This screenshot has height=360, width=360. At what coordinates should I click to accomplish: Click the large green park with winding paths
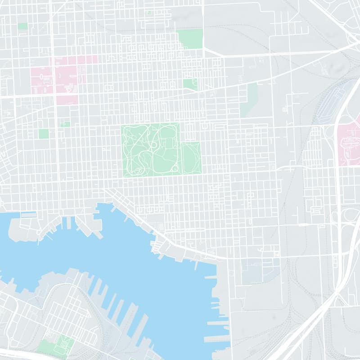pos(151,148)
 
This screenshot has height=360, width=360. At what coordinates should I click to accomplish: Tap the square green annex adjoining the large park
pos(191,157)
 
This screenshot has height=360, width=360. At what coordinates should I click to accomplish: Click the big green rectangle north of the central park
pos(190,39)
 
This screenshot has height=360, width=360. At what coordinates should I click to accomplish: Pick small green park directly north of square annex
pos(190,84)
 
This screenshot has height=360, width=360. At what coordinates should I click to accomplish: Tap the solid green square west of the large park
pos(44,134)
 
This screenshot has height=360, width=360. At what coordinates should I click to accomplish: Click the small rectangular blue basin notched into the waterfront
pos(28,215)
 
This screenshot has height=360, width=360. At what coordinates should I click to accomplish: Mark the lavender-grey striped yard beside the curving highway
pos(331,106)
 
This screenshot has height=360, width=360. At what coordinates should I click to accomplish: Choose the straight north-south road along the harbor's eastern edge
pos(230,306)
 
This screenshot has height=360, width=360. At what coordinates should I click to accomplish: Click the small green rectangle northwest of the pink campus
pos(22,26)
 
